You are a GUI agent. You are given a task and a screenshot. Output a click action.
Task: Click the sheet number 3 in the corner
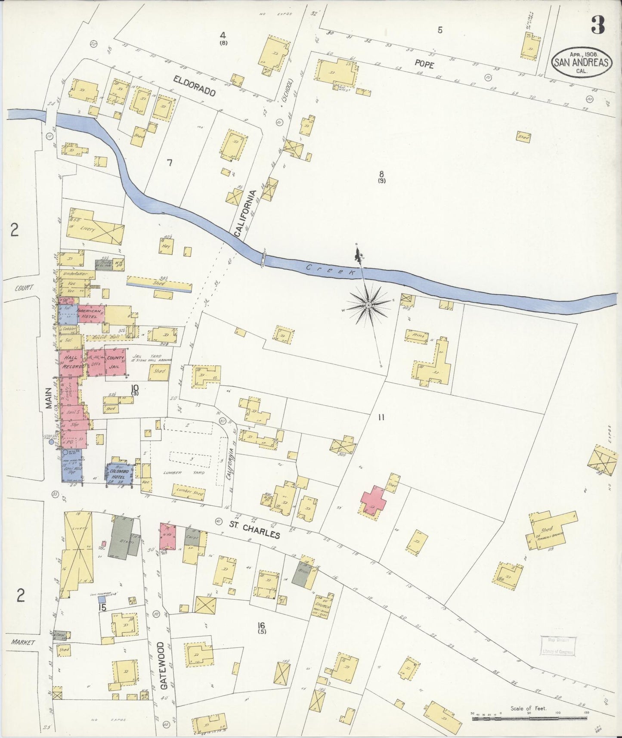[597, 25]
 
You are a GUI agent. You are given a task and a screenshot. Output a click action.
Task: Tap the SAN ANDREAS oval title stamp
[581, 63]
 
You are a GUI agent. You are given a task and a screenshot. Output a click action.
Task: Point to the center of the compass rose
[368, 305]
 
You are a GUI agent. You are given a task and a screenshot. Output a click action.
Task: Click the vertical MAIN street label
[50, 399]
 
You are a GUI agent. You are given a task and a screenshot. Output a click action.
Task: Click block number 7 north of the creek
[170, 163]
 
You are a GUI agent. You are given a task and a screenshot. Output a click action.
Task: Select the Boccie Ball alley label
[102, 338]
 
